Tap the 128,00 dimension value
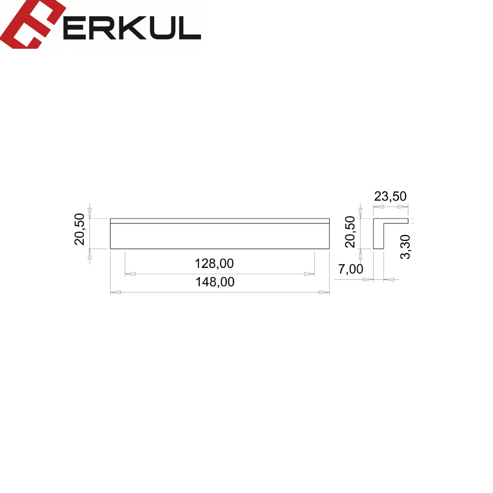click(214, 263)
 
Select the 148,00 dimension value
click(215, 282)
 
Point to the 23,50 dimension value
click(390, 196)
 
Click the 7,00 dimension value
click(351, 269)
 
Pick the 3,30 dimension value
click(405, 247)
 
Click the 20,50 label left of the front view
click(79, 229)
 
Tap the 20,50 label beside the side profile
click(350, 232)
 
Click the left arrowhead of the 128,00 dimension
click(130, 274)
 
